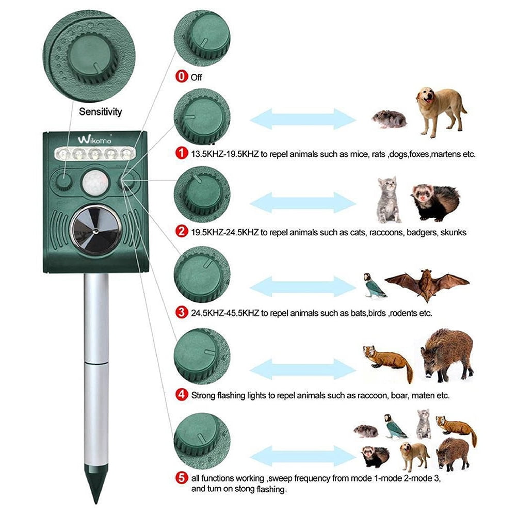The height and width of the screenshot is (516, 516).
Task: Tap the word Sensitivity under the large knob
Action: pyautogui.click(x=100, y=111)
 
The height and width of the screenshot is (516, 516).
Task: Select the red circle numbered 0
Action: pyautogui.click(x=182, y=77)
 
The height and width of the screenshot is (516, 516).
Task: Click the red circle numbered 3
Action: pyautogui.click(x=182, y=313)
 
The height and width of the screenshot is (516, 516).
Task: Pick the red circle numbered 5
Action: pyautogui.click(x=182, y=478)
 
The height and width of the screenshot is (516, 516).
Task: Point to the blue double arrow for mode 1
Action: pyautogui.click(x=303, y=119)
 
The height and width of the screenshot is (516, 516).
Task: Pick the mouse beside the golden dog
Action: pyautogui.click(x=389, y=119)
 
